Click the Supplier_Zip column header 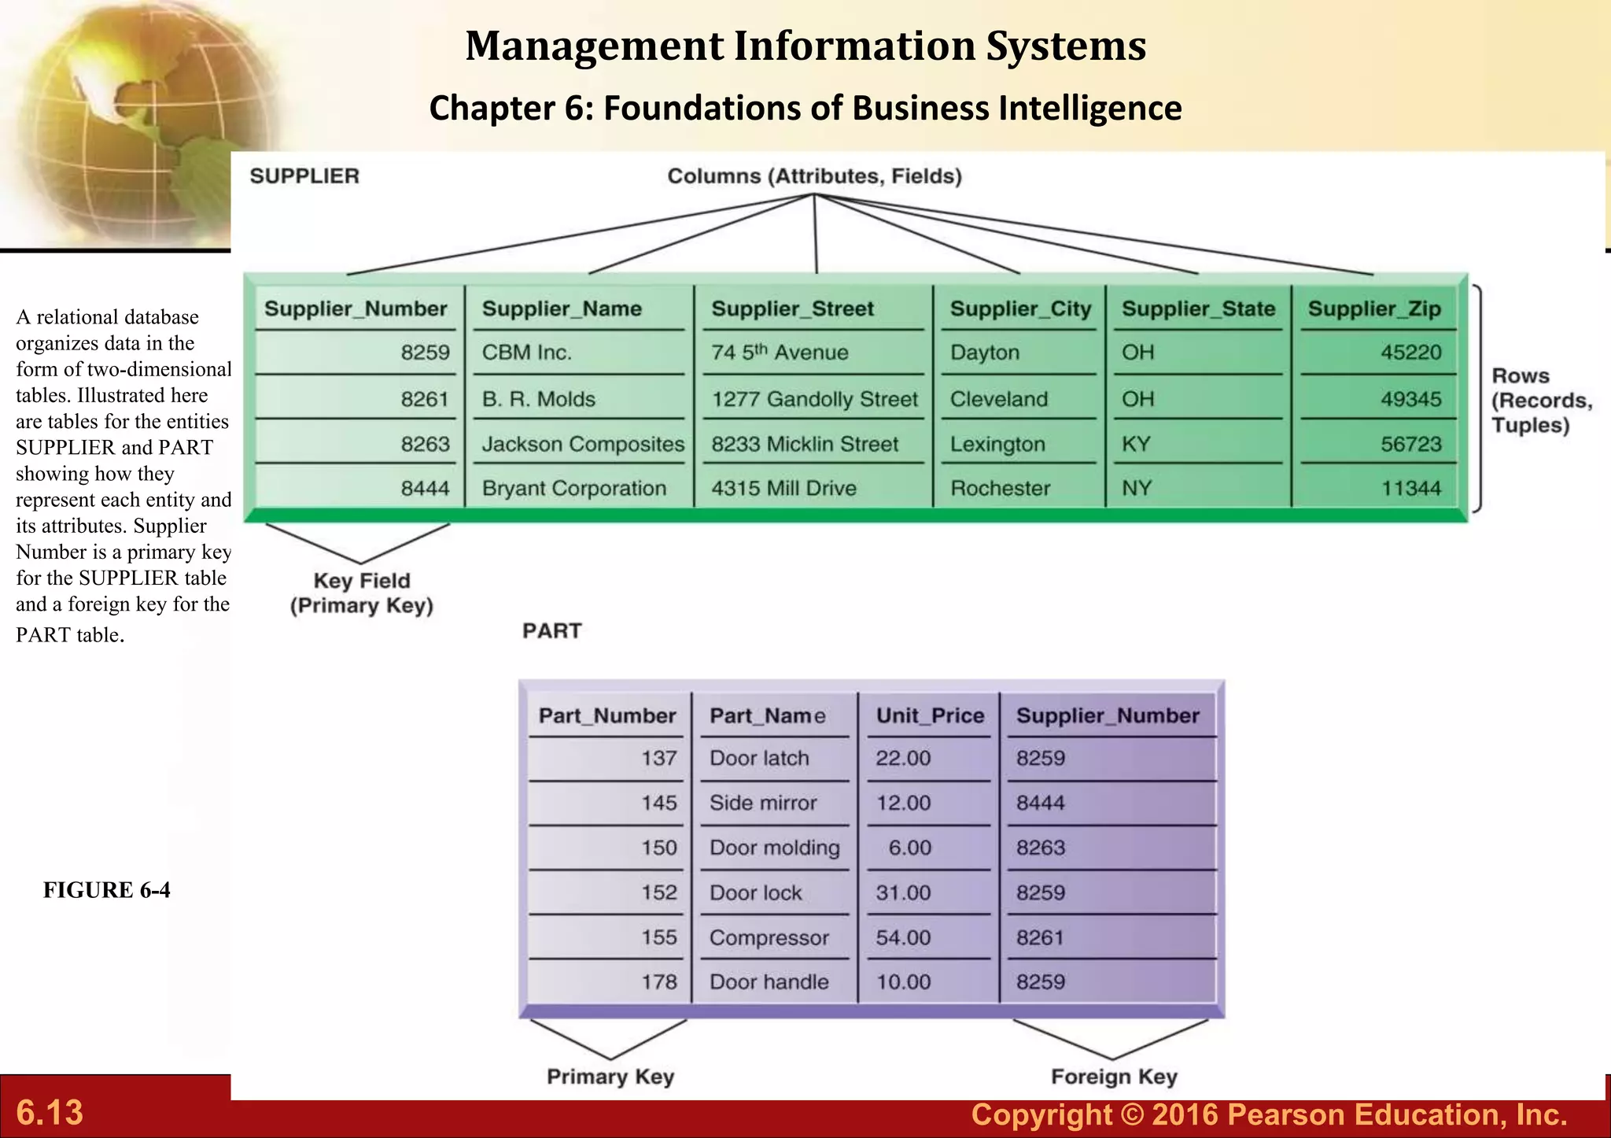click(x=1373, y=309)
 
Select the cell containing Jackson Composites click(x=583, y=444)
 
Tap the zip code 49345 click(x=1410, y=399)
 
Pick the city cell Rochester click(x=1000, y=488)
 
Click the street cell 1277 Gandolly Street click(x=814, y=399)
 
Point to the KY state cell click(x=1136, y=444)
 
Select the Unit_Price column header click(x=930, y=715)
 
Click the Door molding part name click(x=774, y=848)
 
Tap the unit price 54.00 click(x=903, y=937)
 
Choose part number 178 click(x=658, y=981)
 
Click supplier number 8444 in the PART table click(x=1040, y=803)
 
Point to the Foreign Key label click(x=1114, y=1077)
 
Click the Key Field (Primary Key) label click(x=362, y=593)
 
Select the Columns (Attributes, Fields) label click(x=814, y=176)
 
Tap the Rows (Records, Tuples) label click(x=1539, y=401)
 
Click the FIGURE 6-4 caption click(x=106, y=890)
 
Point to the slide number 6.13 click(x=50, y=1113)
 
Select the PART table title click(x=551, y=631)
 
